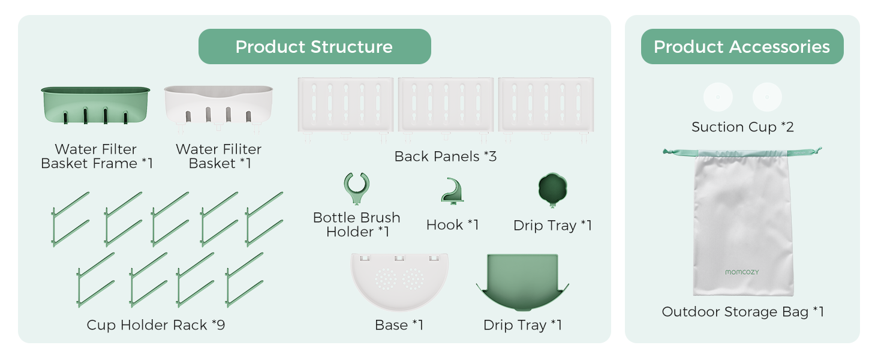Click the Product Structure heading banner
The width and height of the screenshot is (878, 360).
(314, 46)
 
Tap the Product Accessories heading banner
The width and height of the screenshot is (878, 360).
(742, 46)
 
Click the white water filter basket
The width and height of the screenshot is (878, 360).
(218, 106)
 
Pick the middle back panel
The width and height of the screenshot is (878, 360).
(446, 108)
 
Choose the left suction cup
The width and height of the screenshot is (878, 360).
(718, 97)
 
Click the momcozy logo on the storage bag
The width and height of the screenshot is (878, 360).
(742, 272)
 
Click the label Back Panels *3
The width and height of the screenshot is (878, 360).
(445, 157)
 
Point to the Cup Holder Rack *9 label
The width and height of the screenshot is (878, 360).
(155, 325)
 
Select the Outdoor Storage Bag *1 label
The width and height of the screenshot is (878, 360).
(742, 312)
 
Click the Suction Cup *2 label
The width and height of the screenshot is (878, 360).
(742, 127)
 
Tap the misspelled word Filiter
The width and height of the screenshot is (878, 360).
(239, 149)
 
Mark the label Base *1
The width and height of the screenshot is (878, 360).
(399, 325)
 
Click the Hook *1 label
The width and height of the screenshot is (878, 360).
(452, 225)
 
